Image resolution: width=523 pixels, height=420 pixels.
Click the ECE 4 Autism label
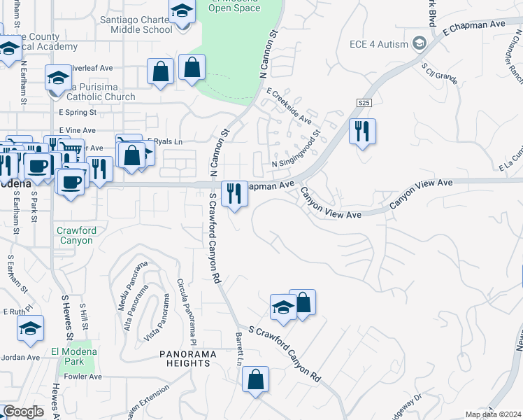(x=378, y=44)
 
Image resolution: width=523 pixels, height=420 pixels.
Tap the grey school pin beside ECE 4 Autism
(x=420, y=43)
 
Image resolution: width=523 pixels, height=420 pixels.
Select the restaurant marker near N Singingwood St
(x=362, y=131)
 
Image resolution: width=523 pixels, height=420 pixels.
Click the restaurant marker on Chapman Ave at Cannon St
(x=235, y=193)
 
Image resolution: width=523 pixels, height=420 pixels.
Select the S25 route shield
(x=362, y=103)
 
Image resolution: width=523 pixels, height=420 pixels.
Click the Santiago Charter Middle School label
(x=136, y=24)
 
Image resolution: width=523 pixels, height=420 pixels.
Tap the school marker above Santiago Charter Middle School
(x=182, y=12)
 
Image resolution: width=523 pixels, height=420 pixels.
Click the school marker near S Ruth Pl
(x=31, y=329)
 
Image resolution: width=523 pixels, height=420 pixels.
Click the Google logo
(x=23, y=412)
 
